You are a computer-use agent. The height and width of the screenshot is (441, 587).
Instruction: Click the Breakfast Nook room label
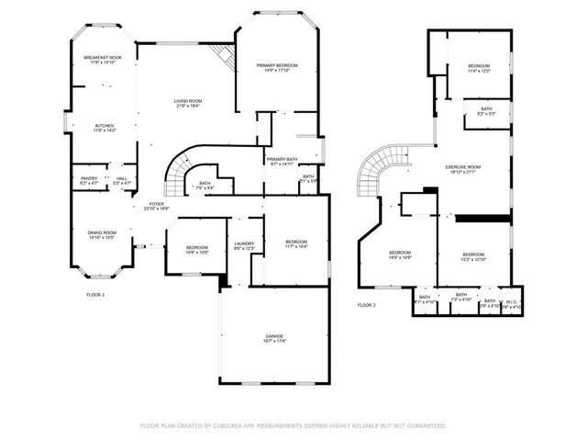coord(104,58)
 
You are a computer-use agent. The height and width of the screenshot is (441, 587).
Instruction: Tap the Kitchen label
coord(104,126)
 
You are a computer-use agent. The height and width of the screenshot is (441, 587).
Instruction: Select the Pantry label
coord(89,178)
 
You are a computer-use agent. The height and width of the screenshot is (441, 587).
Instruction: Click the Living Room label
coord(188,101)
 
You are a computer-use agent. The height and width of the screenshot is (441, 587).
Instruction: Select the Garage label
coord(275,336)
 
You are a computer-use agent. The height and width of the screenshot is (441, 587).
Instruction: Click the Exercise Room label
coord(463,166)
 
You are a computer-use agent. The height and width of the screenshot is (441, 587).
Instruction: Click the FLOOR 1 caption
coord(95,294)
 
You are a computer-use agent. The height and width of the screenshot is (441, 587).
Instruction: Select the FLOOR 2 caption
coord(367,304)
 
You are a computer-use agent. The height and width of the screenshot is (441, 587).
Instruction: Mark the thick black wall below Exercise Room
coord(482,219)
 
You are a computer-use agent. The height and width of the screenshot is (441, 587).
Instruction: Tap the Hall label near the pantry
coord(121,178)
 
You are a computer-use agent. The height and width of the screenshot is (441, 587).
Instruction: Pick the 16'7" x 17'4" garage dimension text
coord(275,342)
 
